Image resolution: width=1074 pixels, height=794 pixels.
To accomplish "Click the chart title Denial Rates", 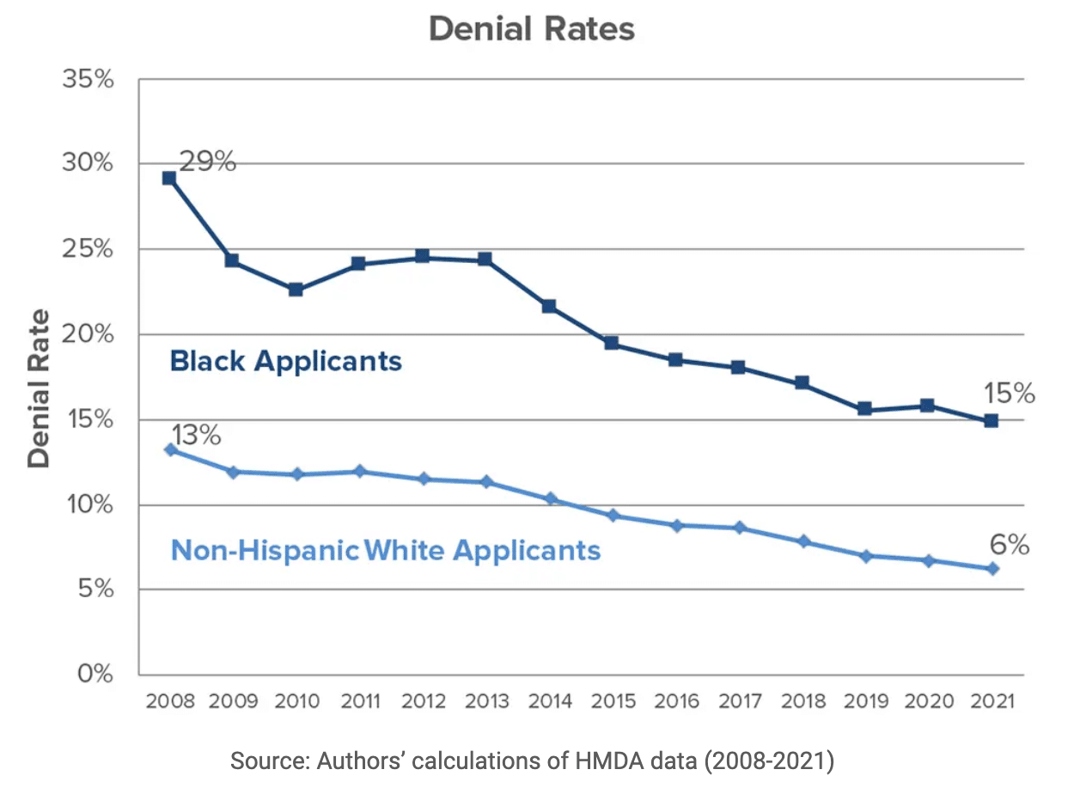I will [532, 29].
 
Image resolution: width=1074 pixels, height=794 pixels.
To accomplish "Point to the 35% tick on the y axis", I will [88, 80].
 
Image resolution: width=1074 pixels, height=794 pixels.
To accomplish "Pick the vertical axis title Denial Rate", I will [39, 389].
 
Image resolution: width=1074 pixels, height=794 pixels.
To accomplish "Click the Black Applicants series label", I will [286, 361].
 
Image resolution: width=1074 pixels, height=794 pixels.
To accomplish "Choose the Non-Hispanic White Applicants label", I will [386, 550].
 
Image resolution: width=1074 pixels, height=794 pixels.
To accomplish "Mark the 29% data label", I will [207, 162].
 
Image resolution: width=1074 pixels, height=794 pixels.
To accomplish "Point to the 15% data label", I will [1009, 394].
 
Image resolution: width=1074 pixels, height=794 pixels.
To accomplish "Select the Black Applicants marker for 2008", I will [169, 179].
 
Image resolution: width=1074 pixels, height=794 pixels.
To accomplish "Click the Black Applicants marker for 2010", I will [296, 290].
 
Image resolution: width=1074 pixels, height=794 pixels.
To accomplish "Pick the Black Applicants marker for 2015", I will [612, 343].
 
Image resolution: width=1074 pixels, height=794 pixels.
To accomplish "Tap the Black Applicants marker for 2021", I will [991, 421].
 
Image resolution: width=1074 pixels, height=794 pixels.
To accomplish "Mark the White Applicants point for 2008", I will [170, 449].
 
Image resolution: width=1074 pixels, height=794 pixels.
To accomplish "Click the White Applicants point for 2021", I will [992, 569].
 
